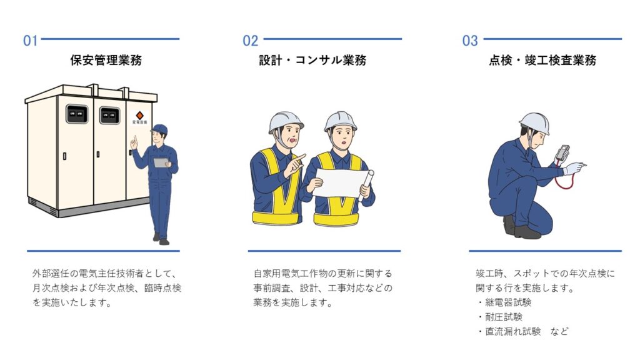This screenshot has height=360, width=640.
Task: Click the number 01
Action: (30, 41)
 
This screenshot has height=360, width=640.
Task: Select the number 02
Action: (250, 41)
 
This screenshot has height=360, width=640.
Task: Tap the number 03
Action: (470, 41)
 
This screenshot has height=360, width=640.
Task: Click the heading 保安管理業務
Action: (106, 61)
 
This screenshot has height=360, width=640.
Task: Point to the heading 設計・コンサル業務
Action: (312, 61)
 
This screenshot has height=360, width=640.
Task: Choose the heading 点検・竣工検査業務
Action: (543, 61)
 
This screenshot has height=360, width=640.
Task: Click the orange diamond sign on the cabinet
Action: (139, 116)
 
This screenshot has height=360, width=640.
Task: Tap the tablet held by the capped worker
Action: (161, 162)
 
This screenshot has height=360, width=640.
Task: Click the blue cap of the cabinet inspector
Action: (159, 129)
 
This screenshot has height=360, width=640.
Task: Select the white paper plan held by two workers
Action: (339, 183)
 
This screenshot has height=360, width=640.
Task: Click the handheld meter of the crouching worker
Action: (562, 153)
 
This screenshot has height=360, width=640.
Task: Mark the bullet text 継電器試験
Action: (508, 302)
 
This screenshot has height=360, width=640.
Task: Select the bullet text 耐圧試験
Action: (504, 317)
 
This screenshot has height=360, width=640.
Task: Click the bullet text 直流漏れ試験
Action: (512, 331)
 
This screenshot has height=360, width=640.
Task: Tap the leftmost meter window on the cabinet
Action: (77, 114)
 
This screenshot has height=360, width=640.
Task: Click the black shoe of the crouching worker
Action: (527, 232)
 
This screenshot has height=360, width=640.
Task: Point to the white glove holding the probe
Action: (572, 168)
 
